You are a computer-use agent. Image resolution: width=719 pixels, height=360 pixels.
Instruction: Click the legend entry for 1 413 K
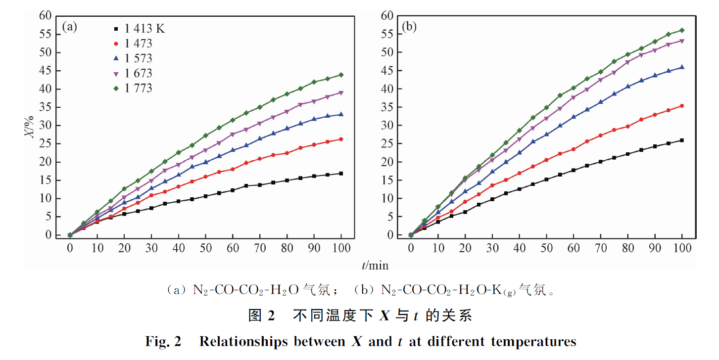[139, 29]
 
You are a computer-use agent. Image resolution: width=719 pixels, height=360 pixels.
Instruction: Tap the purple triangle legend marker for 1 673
[116, 74]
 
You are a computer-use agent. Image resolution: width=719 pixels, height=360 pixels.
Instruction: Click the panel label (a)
[70, 27]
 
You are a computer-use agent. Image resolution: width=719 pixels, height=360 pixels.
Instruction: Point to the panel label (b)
[409, 27]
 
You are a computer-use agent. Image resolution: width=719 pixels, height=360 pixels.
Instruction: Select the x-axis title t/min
[375, 266]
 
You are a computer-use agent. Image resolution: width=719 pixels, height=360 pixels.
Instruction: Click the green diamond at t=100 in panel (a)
[341, 75]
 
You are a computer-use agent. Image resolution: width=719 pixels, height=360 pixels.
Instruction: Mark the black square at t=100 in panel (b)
[681, 140]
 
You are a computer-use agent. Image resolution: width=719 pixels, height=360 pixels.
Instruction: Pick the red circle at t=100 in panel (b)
[681, 106]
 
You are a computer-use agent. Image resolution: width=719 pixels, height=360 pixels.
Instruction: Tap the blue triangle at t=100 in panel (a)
[341, 114]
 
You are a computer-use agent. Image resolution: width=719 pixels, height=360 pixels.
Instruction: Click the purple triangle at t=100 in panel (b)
[681, 41]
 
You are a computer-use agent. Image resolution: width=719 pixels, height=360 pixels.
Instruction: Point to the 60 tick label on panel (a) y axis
[46, 16]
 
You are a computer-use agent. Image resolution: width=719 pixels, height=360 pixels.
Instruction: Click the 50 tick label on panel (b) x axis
[546, 247]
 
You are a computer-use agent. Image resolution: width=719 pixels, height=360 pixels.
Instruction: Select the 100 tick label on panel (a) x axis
[341, 247]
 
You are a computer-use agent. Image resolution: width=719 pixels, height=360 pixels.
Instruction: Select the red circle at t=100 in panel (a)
[341, 139]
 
